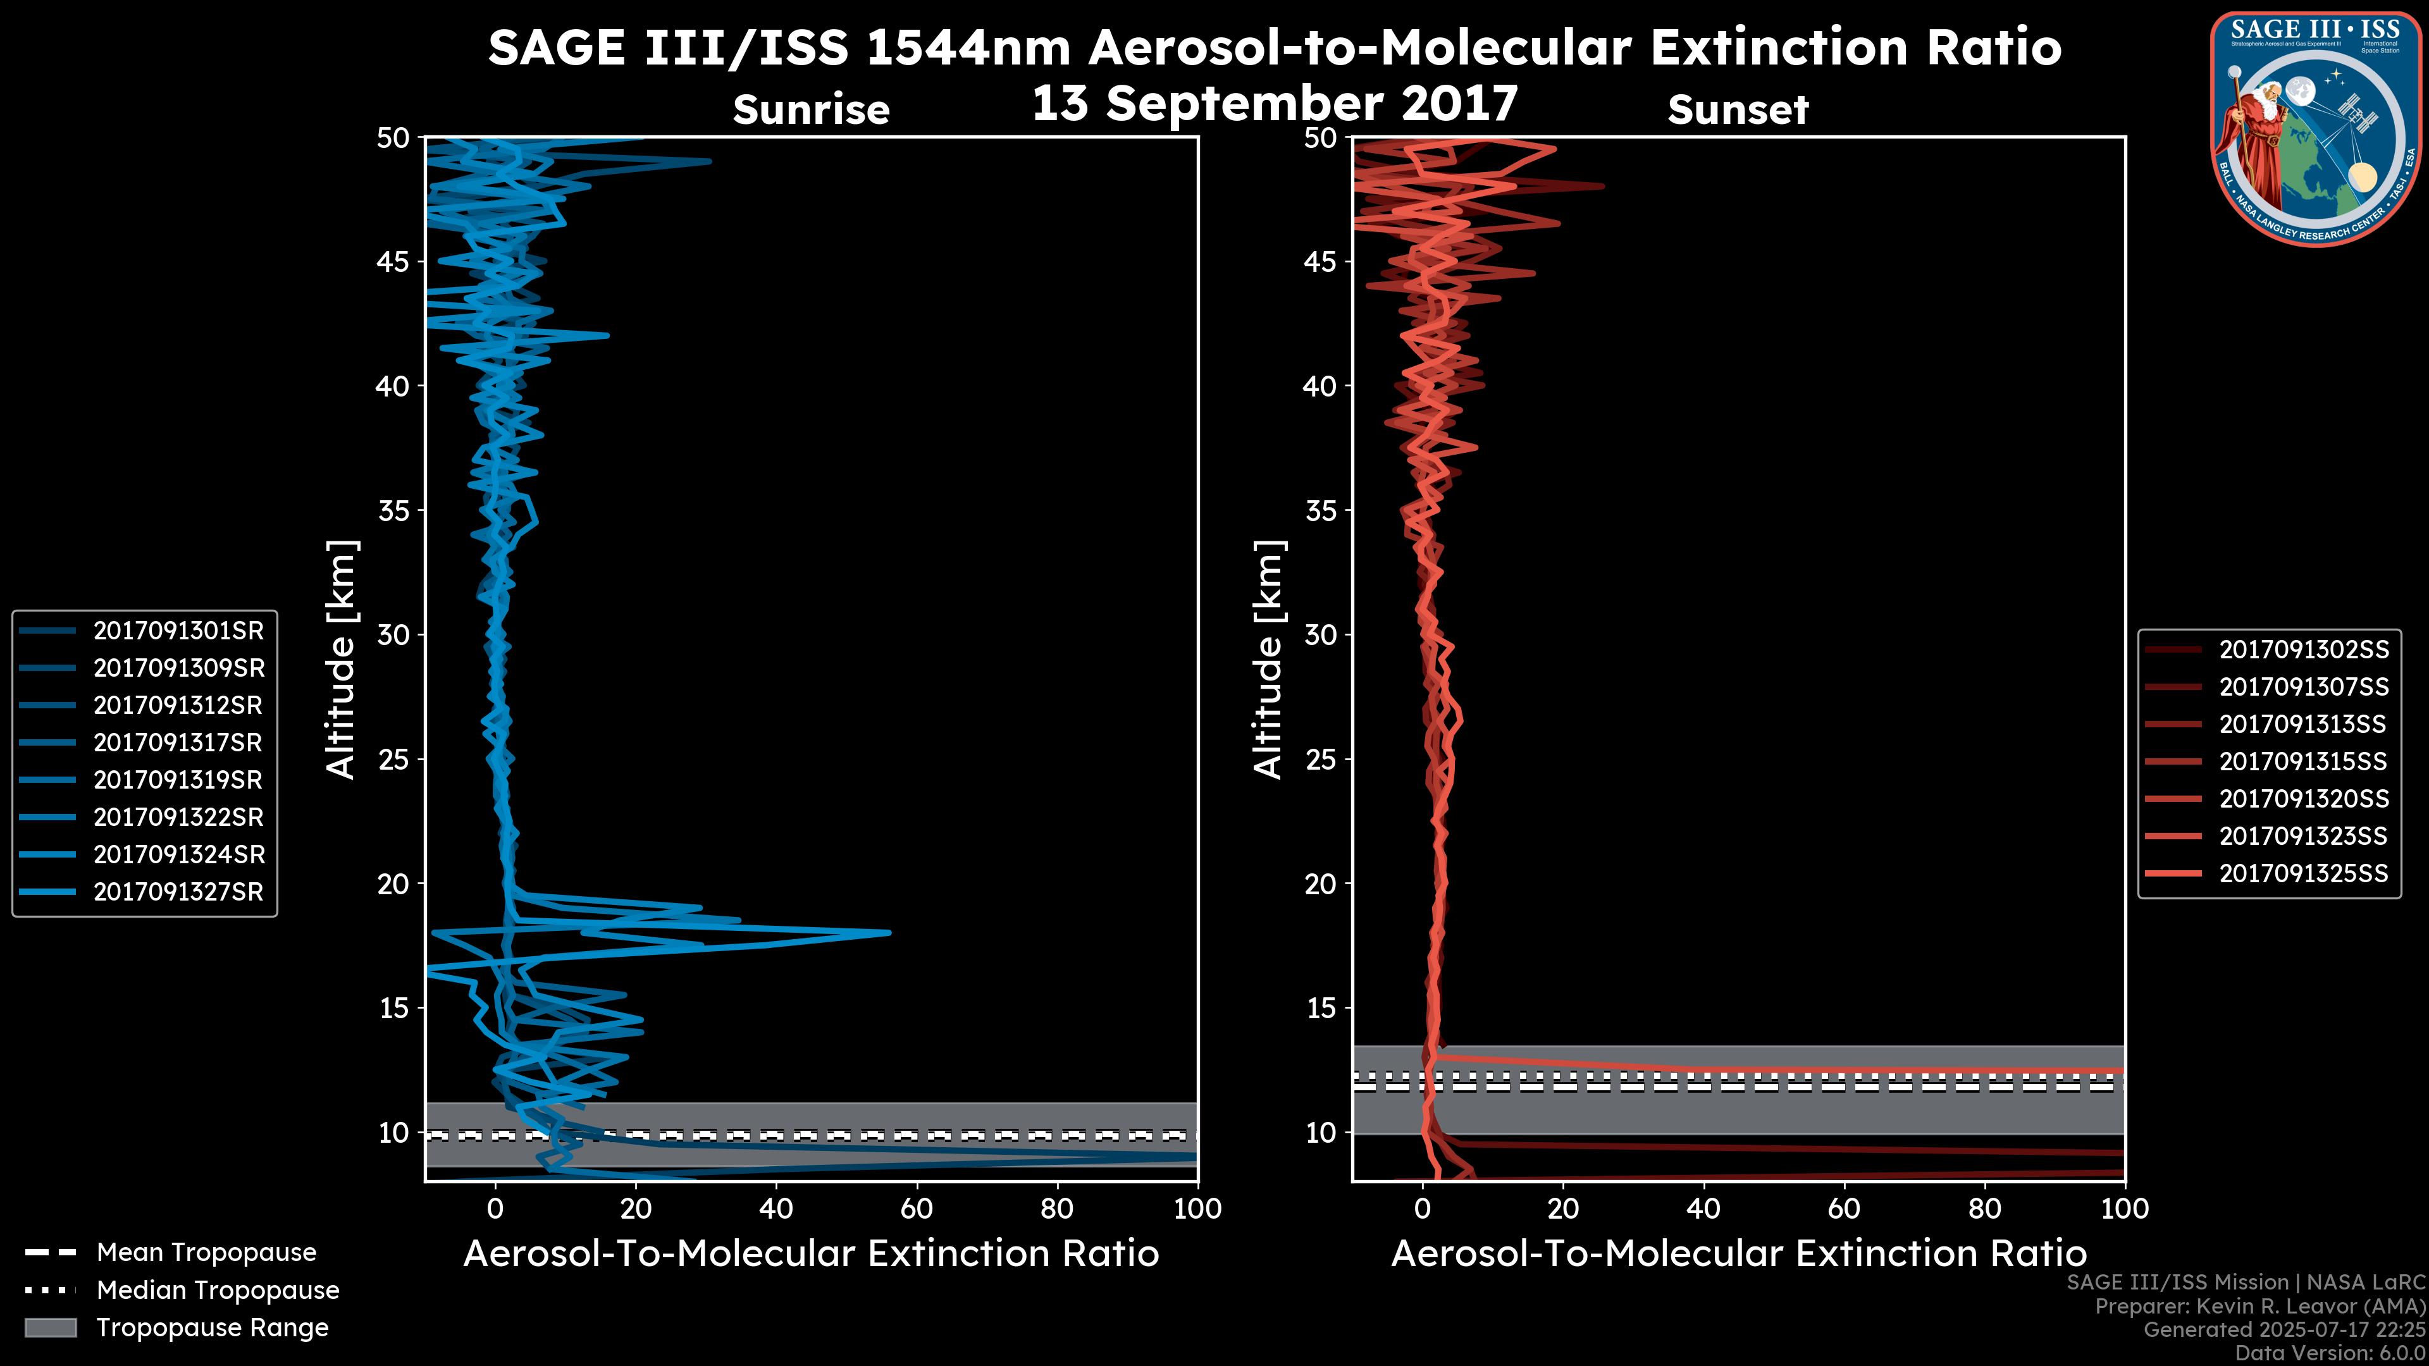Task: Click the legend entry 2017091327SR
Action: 178,892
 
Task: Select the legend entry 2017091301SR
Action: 178,631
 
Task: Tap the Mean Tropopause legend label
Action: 206,1253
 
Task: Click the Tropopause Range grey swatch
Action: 51,1327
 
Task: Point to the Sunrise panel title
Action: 811,110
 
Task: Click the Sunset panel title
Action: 1738,110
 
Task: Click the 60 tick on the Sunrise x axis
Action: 917,1209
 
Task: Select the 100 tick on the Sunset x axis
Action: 2125,1209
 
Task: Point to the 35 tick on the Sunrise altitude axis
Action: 393,510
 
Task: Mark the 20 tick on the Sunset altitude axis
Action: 1321,883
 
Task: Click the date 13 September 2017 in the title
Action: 1275,102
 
